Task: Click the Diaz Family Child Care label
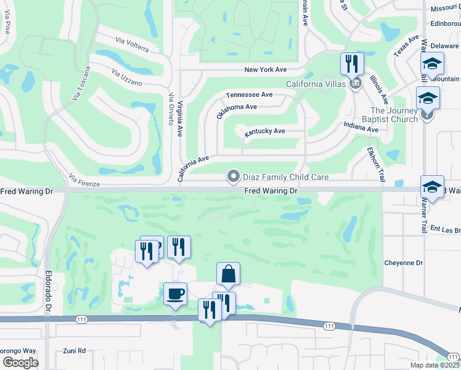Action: pos(285,177)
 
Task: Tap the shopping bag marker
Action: pos(228,274)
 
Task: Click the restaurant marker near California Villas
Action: pos(353,64)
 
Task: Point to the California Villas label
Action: pos(317,84)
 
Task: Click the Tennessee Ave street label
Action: pos(249,95)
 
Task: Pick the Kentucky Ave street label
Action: pos(264,131)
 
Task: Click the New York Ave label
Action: pos(266,70)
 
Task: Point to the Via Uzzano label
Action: pos(127,77)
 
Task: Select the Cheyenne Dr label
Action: pos(403,263)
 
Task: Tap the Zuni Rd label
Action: pos(74,351)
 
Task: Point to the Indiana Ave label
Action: pos(361,126)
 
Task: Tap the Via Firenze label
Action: pos(84,180)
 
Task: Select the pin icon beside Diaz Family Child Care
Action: pos(234,177)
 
